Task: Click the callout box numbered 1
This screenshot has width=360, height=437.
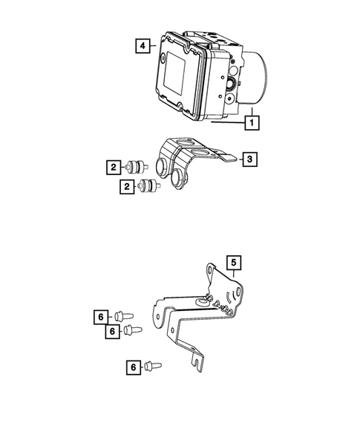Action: [252, 122]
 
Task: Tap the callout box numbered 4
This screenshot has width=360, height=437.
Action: [142, 45]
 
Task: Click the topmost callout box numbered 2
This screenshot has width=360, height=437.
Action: [113, 168]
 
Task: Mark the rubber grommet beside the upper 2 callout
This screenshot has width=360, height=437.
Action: [137, 168]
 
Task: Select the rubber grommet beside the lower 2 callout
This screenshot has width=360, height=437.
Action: [148, 187]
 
